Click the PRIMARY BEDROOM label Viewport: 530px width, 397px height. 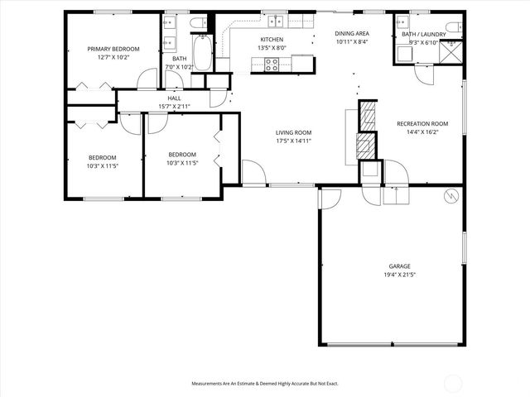(x=113, y=49)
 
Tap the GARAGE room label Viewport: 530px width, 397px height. (x=399, y=266)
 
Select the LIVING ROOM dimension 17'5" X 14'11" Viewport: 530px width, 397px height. (x=293, y=141)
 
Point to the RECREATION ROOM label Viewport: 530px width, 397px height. (x=422, y=123)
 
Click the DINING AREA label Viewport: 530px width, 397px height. (x=351, y=32)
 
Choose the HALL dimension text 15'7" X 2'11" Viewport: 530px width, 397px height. (x=175, y=107)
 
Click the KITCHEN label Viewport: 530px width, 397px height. (x=272, y=40)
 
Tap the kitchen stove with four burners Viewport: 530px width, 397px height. (x=272, y=64)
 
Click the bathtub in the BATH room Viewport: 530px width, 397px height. (x=202, y=51)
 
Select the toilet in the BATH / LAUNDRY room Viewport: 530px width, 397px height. (x=454, y=27)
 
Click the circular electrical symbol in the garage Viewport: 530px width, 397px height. (x=451, y=197)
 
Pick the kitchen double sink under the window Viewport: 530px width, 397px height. (x=272, y=22)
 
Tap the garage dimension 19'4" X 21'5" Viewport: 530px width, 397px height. (x=399, y=275)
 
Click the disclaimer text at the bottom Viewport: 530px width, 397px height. (x=265, y=384)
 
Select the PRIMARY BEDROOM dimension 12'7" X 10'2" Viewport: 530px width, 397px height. (x=113, y=58)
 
